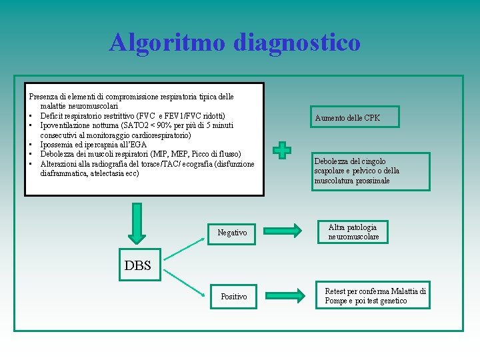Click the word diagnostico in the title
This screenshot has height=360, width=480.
(x=297, y=43)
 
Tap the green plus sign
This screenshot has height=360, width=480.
(x=283, y=150)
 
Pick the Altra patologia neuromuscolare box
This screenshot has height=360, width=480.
(x=353, y=232)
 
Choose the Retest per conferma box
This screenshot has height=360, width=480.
(x=374, y=296)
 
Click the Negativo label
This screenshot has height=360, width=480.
(x=232, y=233)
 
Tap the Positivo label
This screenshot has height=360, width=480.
(x=233, y=296)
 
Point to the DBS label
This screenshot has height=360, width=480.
(x=138, y=265)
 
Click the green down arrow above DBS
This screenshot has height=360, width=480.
(x=137, y=223)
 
